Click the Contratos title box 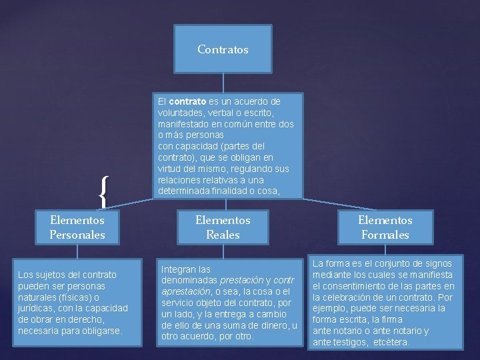pyautogui.click(x=223, y=49)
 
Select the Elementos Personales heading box pyautogui.click(x=77, y=227)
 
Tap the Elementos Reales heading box pyautogui.click(x=223, y=227)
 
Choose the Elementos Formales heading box pyautogui.click(x=385, y=227)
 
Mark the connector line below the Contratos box pyautogui.click(x=223, y=83)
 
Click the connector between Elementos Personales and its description pyautogui.click(x=77, y=251)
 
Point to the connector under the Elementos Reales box pyautogui.click(x=223, y=251)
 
